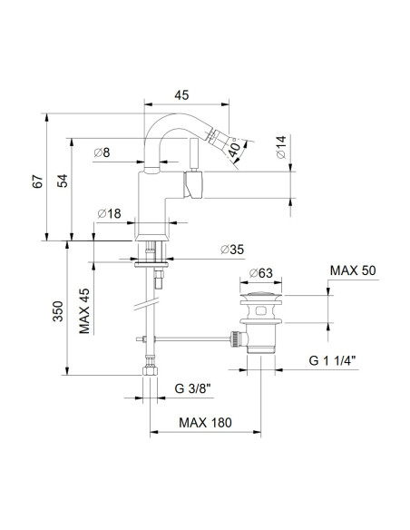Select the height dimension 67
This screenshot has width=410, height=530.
37,178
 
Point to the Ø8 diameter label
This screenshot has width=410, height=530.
102,153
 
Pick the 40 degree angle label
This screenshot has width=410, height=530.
236,147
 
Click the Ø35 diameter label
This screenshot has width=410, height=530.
229,250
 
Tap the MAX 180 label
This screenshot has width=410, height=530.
205,423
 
